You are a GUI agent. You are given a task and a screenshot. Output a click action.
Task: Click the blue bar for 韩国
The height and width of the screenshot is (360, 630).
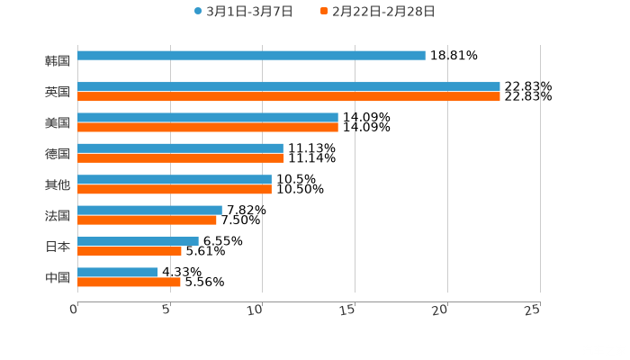pos(251,56)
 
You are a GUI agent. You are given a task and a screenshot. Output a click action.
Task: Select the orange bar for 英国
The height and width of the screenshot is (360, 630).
pos(288,96)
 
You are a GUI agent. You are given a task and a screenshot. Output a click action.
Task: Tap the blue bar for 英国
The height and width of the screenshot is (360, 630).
pos(288,86)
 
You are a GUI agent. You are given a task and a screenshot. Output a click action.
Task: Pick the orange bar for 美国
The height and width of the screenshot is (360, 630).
pos(208,127)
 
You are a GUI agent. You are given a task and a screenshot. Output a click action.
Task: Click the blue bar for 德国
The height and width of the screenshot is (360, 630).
pos(180,148)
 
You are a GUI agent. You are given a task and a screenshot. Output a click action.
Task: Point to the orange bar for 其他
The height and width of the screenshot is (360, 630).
pos(175,189)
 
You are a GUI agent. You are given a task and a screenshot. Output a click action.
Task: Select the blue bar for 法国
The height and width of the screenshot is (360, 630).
pos(149,210)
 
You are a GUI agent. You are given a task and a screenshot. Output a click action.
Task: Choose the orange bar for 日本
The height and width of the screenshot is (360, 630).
pos(130,251)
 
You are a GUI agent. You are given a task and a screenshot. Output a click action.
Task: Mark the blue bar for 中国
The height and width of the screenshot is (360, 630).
pos(118,272)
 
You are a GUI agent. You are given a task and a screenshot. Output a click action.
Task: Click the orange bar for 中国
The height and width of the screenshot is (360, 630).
pos(129,282)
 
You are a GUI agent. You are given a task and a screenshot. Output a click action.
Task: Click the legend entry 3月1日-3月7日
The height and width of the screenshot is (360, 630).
pos(243,12)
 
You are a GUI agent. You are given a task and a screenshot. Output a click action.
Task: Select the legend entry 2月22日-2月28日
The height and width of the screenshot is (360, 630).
pos(378,12)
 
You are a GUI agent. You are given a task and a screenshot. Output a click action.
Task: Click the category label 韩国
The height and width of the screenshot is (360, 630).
pos(58,61)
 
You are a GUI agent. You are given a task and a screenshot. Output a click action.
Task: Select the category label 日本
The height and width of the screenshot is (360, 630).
pos(58,247)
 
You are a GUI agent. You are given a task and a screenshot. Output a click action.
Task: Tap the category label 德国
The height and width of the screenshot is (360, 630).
pos(58,154)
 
